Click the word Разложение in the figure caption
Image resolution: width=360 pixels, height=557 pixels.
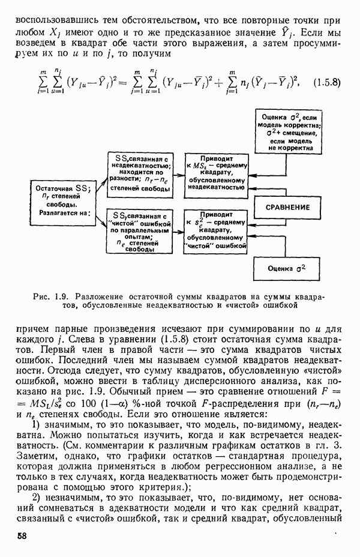pyautogui.click(x=103, y=296)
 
